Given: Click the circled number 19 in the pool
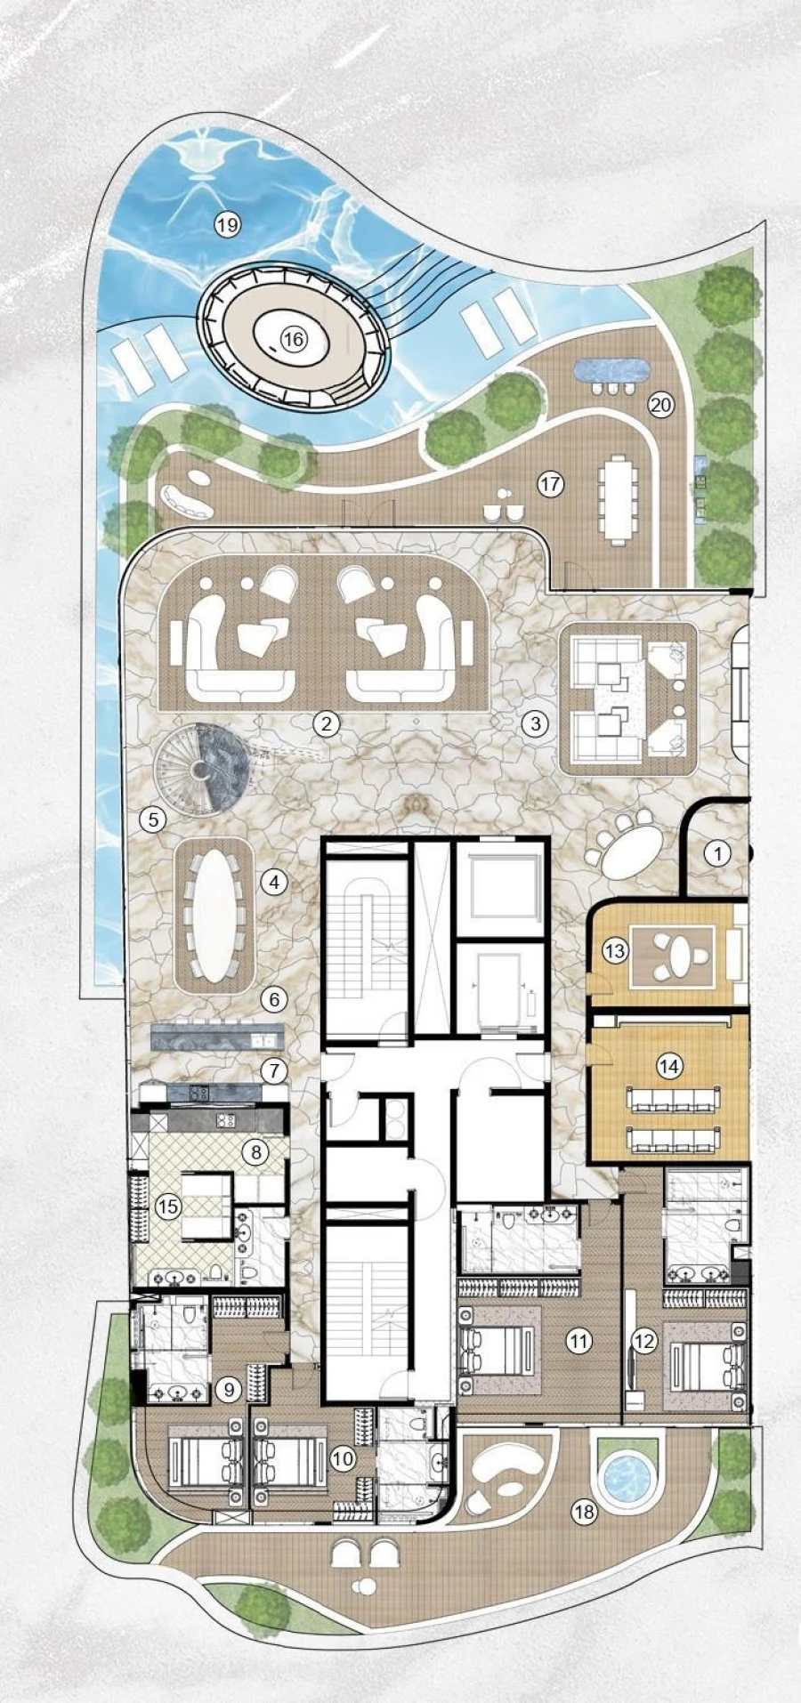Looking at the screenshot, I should (x=228, y=224).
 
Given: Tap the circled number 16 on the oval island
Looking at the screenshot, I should (x=294, y=338).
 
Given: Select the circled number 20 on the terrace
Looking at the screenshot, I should (x=661, y=405).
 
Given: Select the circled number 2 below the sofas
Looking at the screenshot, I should (x=327, y=723).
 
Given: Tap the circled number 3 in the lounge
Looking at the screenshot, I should (x=534, y=723).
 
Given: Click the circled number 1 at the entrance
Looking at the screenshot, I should (x=717, y=853).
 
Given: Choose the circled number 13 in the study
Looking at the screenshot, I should (x=615, y=950).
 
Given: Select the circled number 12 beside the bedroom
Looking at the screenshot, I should (x=643, y=1341).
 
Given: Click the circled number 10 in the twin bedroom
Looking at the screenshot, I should (x=343, y=1458).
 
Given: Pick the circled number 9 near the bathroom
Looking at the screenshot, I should (x=231, y=1389).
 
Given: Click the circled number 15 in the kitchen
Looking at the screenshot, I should (x=167, y=1207).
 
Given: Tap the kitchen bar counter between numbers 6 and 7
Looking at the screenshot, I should (x=217, y=1037).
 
